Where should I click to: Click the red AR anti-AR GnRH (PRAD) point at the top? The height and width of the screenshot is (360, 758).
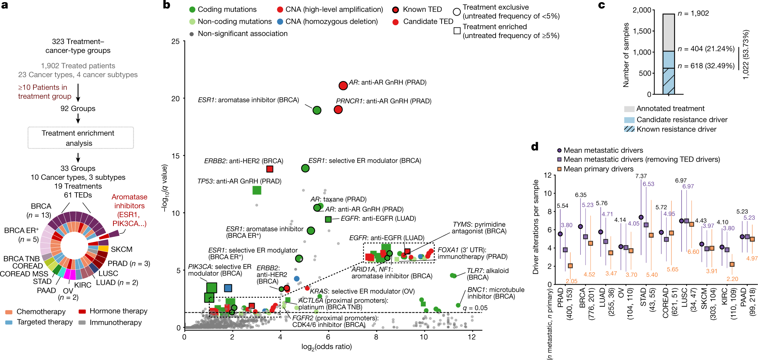pos(343,86)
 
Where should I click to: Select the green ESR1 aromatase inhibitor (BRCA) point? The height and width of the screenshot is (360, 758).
pos(317,110)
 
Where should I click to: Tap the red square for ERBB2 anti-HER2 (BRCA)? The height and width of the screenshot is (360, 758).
pos(269,169)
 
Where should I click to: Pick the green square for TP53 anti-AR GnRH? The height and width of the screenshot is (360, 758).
pos(257,190)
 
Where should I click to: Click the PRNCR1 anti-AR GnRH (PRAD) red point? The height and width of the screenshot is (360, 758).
pos(338,109)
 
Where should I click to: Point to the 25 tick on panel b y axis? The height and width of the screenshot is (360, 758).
pos(176,41)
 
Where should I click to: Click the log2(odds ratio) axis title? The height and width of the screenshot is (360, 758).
pos(326,347)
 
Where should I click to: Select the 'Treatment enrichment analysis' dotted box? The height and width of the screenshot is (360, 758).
pos(81,138)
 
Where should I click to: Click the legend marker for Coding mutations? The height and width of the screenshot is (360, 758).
pos(192,10)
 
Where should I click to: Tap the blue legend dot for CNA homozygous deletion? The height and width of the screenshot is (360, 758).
pos(280,22)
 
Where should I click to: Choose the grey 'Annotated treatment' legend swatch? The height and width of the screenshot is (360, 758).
pos(629,109)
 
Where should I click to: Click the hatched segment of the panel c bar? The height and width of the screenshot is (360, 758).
pos(668,81)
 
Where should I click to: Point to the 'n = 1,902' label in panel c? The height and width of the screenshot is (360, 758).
pos(693,14)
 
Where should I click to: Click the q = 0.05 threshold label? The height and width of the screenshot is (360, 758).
pos(475,308)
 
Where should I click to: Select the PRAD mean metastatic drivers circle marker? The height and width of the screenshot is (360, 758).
pos(560,234)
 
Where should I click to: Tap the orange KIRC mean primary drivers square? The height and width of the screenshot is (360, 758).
pos(732,264)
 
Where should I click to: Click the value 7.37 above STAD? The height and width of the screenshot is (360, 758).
pos(641,176)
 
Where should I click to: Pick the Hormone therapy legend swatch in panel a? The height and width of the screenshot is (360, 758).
pos(82,311)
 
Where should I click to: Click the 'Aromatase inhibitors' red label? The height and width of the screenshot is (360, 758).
pos(129,201)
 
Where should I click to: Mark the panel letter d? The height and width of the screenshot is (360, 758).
pos(535,146)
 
